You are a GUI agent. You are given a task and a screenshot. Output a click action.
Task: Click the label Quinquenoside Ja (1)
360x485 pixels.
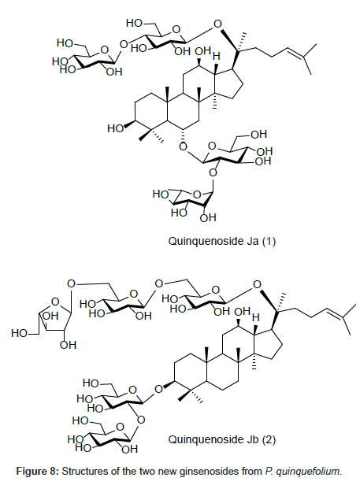(x=221, y=241)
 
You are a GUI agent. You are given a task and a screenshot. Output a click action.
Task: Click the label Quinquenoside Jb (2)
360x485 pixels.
(x=221, y=439)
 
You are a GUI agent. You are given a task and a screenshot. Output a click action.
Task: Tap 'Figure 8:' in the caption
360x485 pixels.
(x=37, y=472)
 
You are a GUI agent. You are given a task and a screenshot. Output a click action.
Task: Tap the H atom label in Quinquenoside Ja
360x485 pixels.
(x=217, y=57)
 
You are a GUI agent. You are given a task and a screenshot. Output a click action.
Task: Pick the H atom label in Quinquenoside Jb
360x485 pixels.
(x=255, y=317)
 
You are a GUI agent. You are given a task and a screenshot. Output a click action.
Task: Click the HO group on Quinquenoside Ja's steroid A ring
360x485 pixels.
(x=115, y=128)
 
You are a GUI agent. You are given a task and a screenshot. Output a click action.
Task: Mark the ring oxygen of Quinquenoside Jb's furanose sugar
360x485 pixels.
(x=55, y=302)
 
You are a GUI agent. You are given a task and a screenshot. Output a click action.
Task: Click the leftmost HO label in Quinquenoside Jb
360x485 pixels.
(x=19, y=334)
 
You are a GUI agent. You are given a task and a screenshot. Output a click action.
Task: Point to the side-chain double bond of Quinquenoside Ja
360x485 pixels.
(x=295, y=52)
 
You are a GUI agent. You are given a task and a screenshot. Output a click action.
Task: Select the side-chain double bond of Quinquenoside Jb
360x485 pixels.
(x=335, y=313)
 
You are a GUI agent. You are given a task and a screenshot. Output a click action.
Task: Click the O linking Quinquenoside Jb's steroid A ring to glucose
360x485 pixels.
(x=158, y=389)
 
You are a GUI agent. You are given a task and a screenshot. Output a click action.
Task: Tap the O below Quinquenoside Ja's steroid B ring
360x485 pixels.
(x=184, y=146)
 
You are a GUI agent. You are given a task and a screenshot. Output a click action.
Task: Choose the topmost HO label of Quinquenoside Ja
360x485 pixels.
(x=134, y=23)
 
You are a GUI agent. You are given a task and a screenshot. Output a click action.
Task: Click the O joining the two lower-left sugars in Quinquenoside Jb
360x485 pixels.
(x=141, y=420)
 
